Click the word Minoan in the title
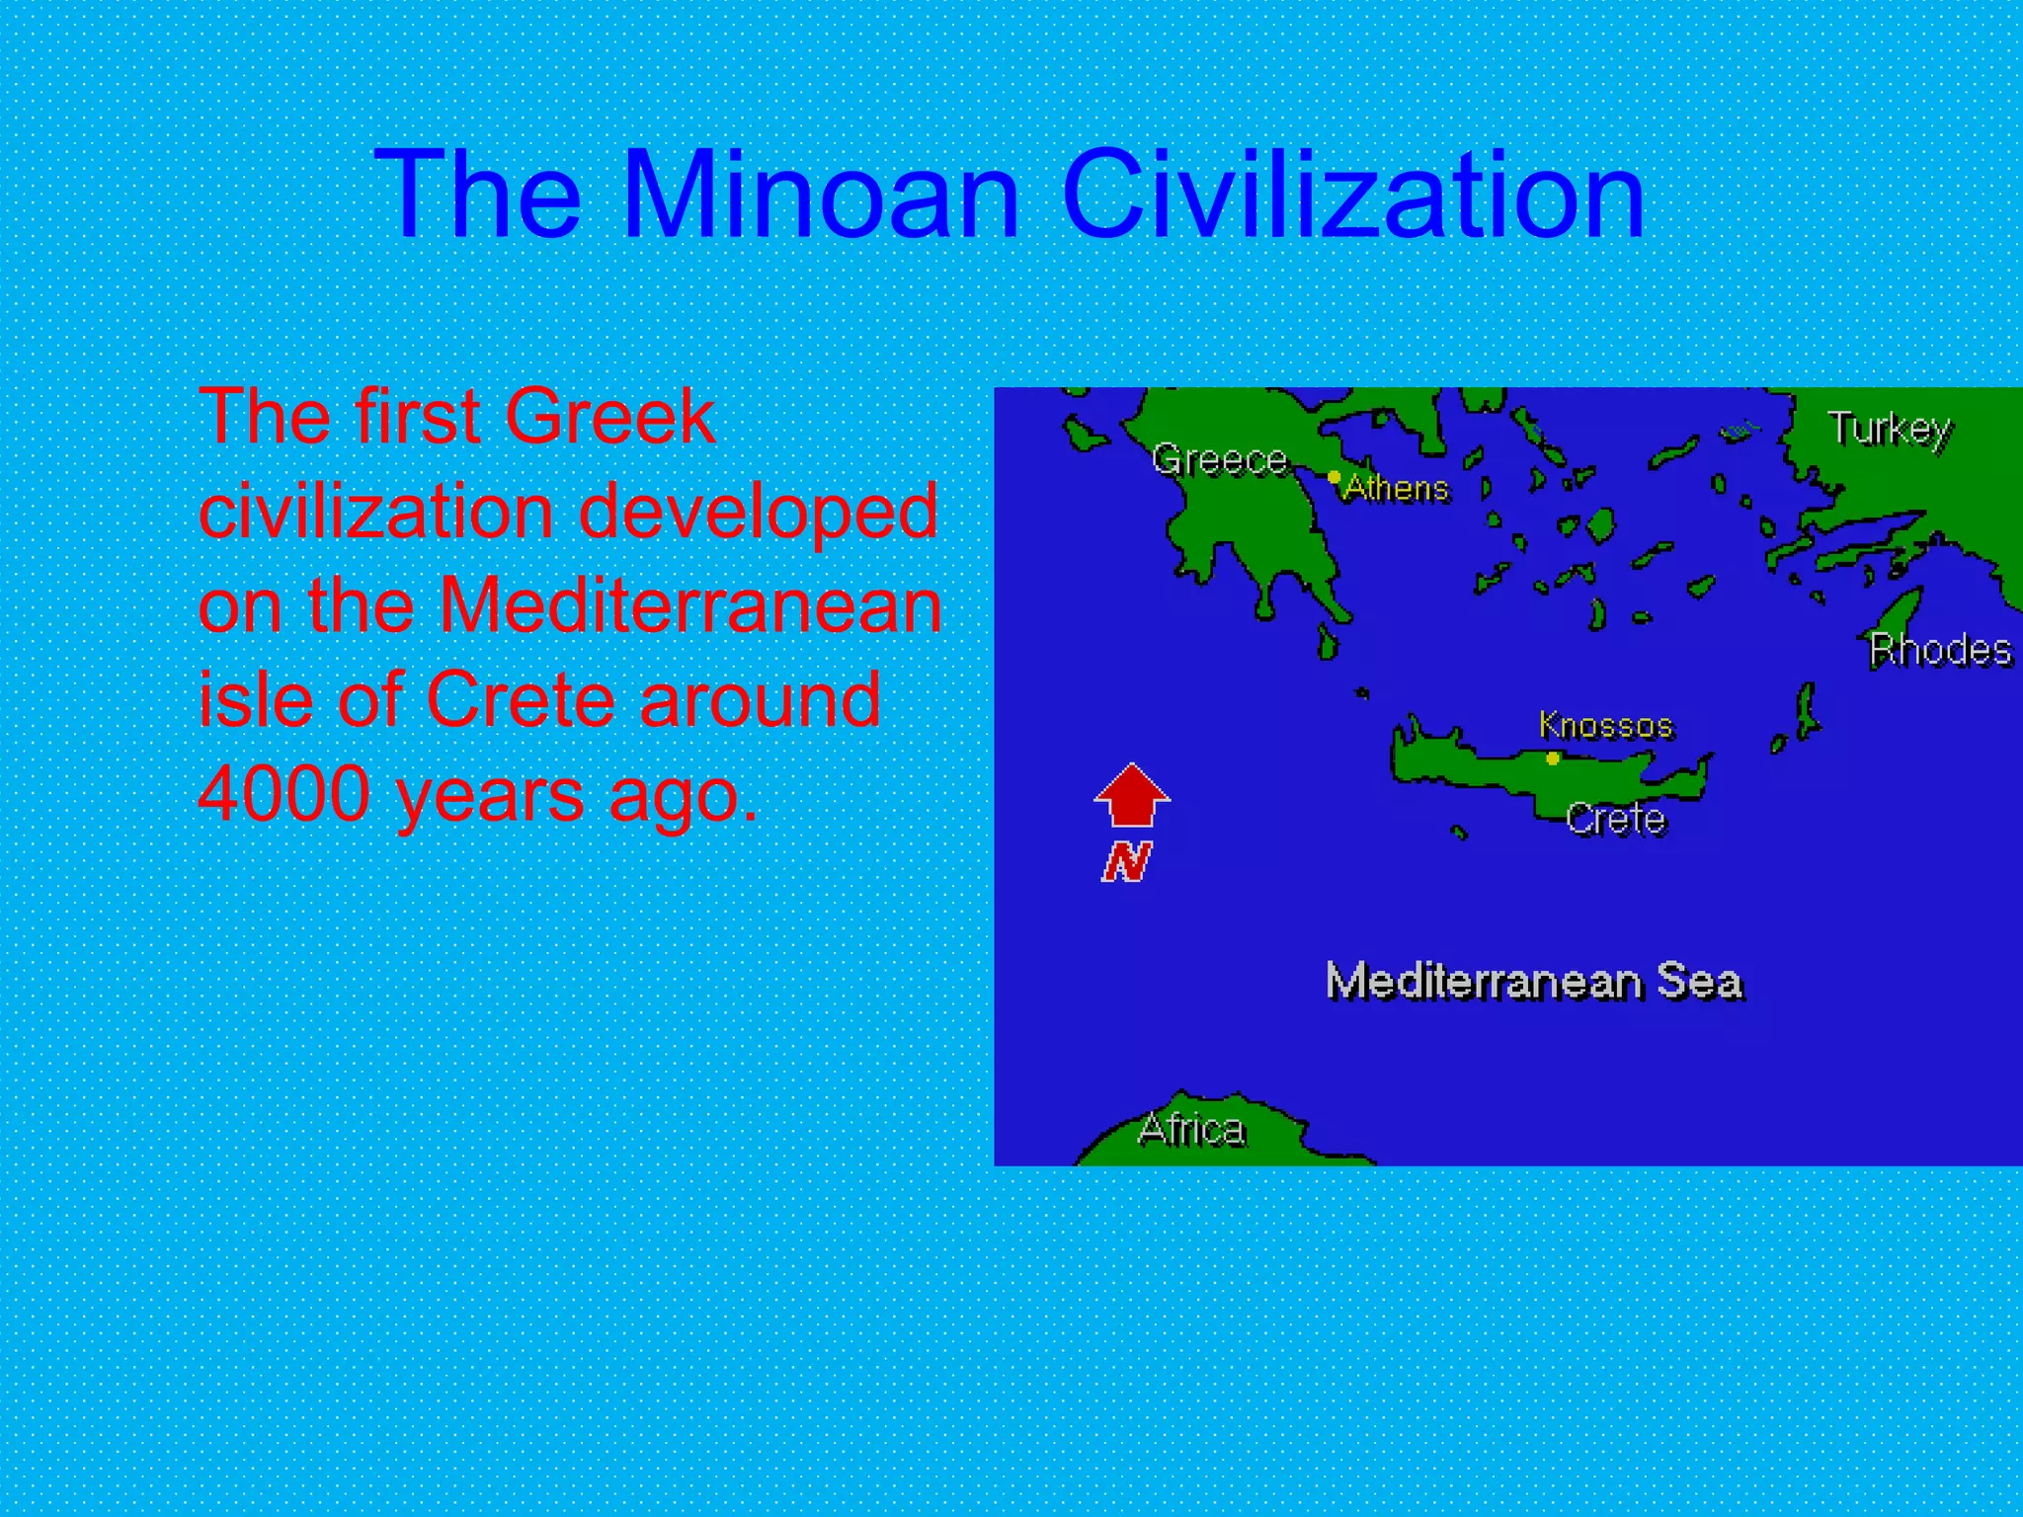coord(820,195)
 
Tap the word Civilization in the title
coord(1352,195)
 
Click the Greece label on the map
coord(1220,460)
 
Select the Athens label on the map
coord(1397,488)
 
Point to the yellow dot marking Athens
coord(1334,478)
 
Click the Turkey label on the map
coord(1890,430)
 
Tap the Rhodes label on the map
coord(1940,650)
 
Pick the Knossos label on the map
coord(1606,726)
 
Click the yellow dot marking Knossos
coord(1553,758)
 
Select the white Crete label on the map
coord(1616,819)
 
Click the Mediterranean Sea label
coord(1534,982)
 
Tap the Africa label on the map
coord(1191,1129)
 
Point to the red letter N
coord(1127,861)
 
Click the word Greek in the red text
coord(609,417)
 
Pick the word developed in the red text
coord(758,513)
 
